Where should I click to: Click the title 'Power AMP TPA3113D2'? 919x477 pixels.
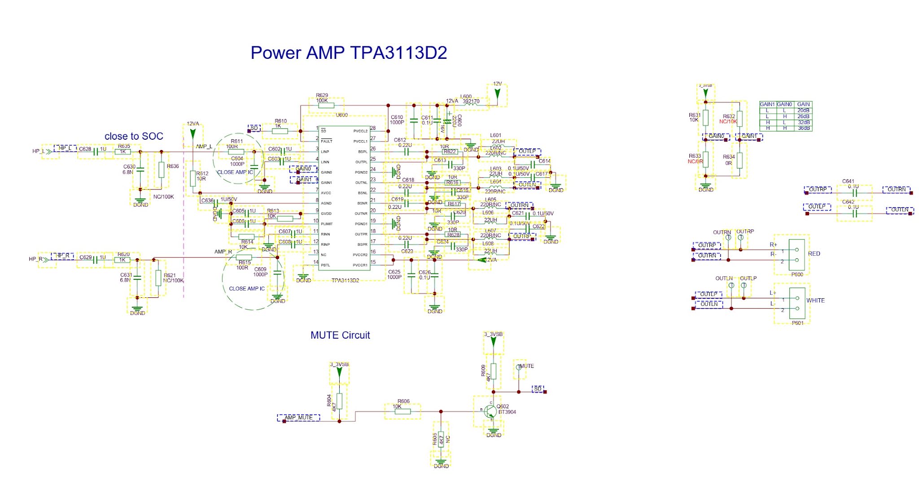(x=349, y=53)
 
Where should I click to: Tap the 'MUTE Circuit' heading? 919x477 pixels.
(x=340, y=335)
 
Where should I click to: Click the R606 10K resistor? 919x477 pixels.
(x=402, y=411)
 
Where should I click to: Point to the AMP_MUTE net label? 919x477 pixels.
(x=299, y=418)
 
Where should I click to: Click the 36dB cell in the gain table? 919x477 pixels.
(x=803, y=128)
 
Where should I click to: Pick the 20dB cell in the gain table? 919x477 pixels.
(x=803, y=110)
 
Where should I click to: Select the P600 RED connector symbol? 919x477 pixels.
(x=797, y=255)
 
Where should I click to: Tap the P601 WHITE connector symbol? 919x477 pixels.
(x=797, y=303)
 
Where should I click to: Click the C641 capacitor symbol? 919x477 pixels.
(x=854, y=193)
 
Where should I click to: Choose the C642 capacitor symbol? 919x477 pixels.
(x=854, y=213)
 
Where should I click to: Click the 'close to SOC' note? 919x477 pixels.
(x=134, y=136)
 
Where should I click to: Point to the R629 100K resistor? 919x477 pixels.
(x=326, y=106)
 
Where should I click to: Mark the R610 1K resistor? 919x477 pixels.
(x=280, y=131)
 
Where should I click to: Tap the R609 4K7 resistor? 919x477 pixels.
(x=493, y=371)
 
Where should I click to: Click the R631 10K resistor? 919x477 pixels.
(x=705, y=118)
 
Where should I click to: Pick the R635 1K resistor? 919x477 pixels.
(x=123, y=152)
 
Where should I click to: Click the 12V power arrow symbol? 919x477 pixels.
(x=497, y=93)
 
